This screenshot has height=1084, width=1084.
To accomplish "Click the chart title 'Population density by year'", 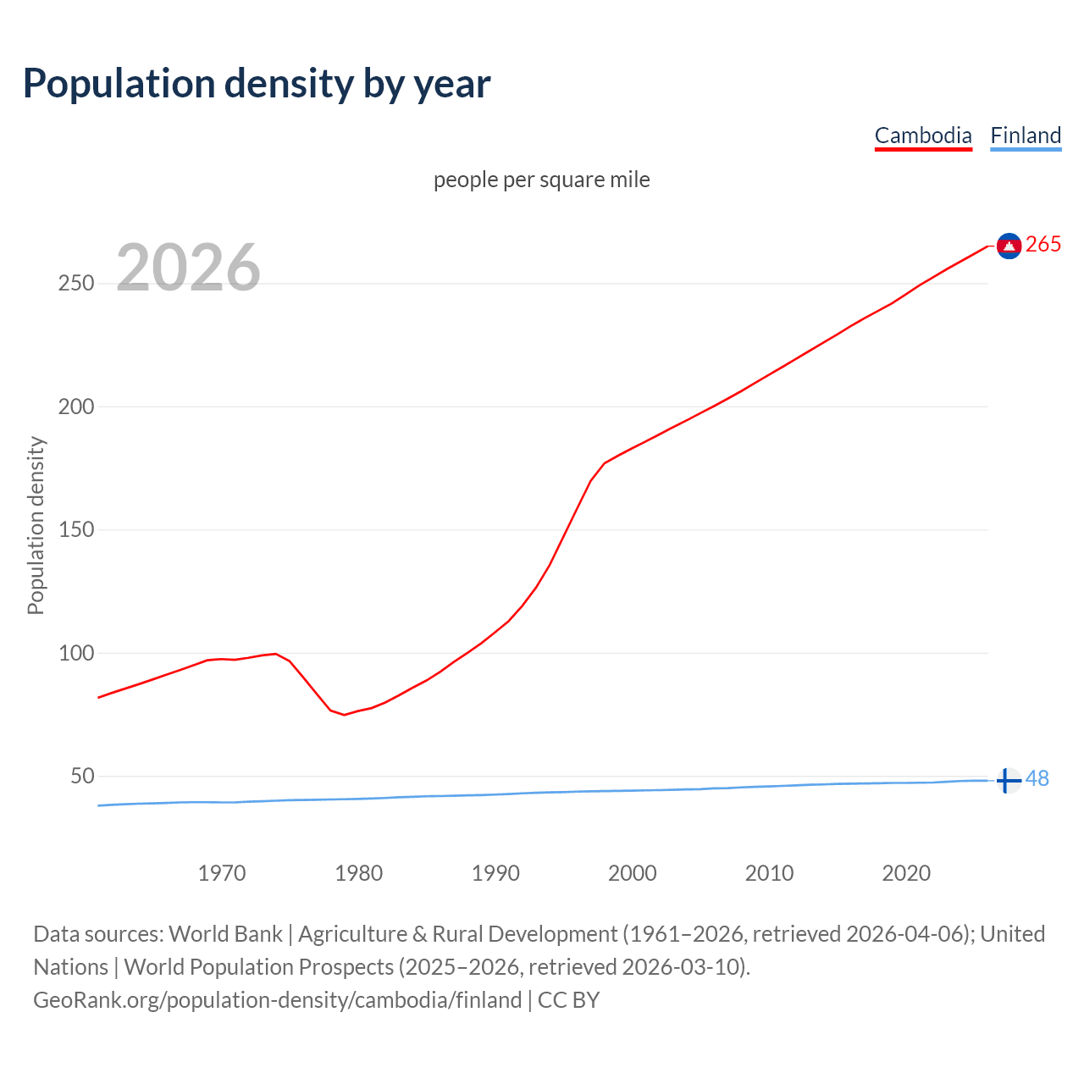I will (257, 84).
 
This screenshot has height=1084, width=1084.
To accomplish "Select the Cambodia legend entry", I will (923, 135).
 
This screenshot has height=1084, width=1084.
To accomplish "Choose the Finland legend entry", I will (1026, 135).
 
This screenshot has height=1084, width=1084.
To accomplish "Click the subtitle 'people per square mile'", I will (542, 180).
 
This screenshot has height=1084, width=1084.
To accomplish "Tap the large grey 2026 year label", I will (188, 268).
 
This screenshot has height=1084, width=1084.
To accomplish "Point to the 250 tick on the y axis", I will (76, 284).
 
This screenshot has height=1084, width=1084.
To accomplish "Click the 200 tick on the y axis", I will (76, 406).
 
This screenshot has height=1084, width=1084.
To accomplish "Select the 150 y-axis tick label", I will (76, 530).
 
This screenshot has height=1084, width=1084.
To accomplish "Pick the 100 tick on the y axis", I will (76, 653).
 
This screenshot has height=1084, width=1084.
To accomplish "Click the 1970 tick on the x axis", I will (222, 873).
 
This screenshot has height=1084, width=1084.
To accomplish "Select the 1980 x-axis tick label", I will (359, 873).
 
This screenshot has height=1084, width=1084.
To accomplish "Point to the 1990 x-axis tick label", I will (495, 873).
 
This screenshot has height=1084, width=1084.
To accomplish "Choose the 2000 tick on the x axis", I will (633, 873).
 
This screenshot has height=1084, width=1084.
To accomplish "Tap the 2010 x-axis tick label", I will (770, 873).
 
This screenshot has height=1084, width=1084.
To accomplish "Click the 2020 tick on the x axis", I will (906, 873).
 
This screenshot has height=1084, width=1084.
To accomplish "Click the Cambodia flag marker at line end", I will (1009, 246).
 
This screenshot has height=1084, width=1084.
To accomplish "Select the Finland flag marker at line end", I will (1007, 780).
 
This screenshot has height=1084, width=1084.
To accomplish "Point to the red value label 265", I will (1043, 245).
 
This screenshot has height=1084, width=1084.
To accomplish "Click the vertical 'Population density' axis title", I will (36, 525).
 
